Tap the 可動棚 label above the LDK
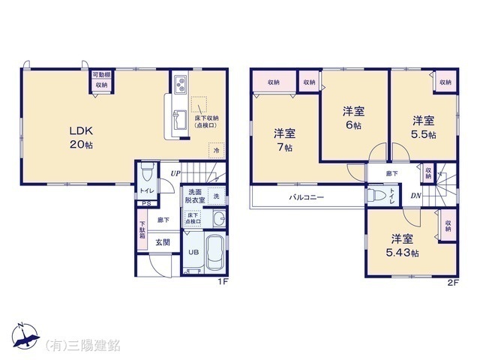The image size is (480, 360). (101, 75)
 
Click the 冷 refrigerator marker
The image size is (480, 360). (215, 151)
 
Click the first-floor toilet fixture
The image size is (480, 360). (147, 175)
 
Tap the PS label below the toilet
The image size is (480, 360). (145, 202)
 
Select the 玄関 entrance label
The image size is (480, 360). (163, 241)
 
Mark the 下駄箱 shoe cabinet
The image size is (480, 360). (142, 229)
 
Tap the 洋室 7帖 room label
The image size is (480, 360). (283, 140)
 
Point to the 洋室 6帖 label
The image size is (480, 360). (353, 118)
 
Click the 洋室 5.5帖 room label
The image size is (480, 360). (424, 126)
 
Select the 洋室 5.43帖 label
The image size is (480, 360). (402, 245)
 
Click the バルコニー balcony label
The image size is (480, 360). (307, 198)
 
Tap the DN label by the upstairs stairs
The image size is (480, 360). (415, 196)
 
